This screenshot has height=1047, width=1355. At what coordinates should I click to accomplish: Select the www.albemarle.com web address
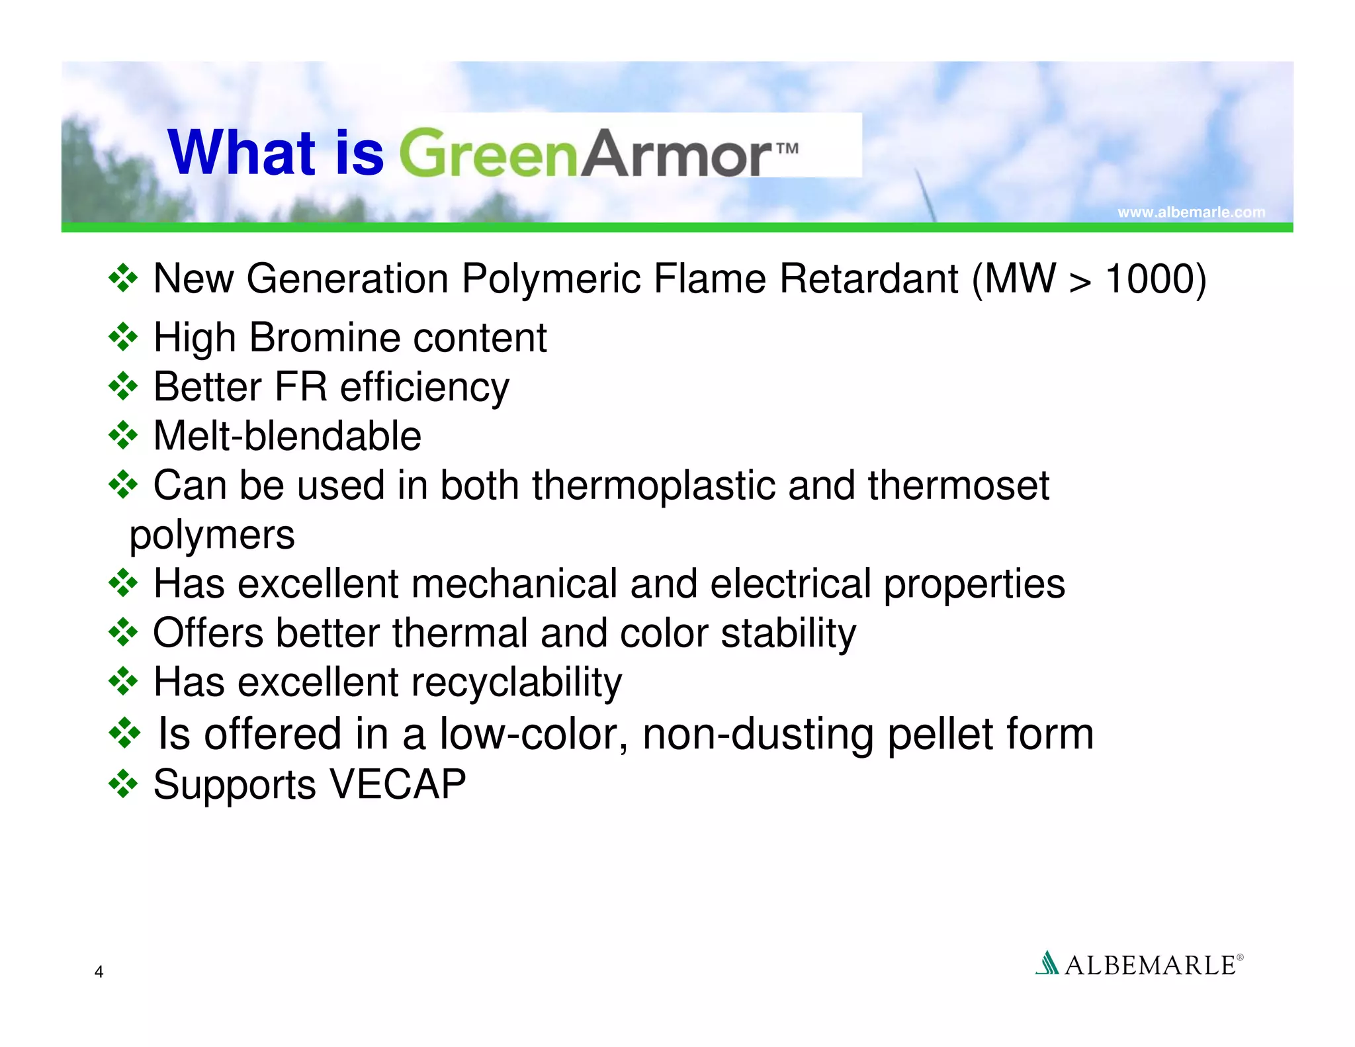coord(1191,212)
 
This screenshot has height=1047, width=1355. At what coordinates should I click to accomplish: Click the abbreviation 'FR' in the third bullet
coord(300,387)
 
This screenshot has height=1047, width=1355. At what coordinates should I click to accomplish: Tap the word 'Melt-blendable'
coord(287,436)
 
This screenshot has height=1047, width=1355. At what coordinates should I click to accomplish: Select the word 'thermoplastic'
coord(653,485)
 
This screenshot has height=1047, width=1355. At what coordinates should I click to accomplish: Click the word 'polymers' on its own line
coord(212,535)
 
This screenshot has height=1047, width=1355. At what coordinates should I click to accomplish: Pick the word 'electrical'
coord(791,584)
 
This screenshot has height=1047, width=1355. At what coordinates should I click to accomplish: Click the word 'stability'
coord(788,633)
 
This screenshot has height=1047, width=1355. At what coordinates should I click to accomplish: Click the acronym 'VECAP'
coord(398,784)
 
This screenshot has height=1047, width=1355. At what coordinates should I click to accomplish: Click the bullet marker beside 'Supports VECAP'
coord(123,784)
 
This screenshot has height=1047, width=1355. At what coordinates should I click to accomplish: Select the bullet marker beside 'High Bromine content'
coord(123,338)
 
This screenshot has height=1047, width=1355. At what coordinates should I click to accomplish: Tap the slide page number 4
coord(99,972)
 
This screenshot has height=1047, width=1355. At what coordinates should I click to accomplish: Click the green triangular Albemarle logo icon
coord(1047,963)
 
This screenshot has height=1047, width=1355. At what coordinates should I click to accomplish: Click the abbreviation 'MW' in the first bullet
coord(1020,279)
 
